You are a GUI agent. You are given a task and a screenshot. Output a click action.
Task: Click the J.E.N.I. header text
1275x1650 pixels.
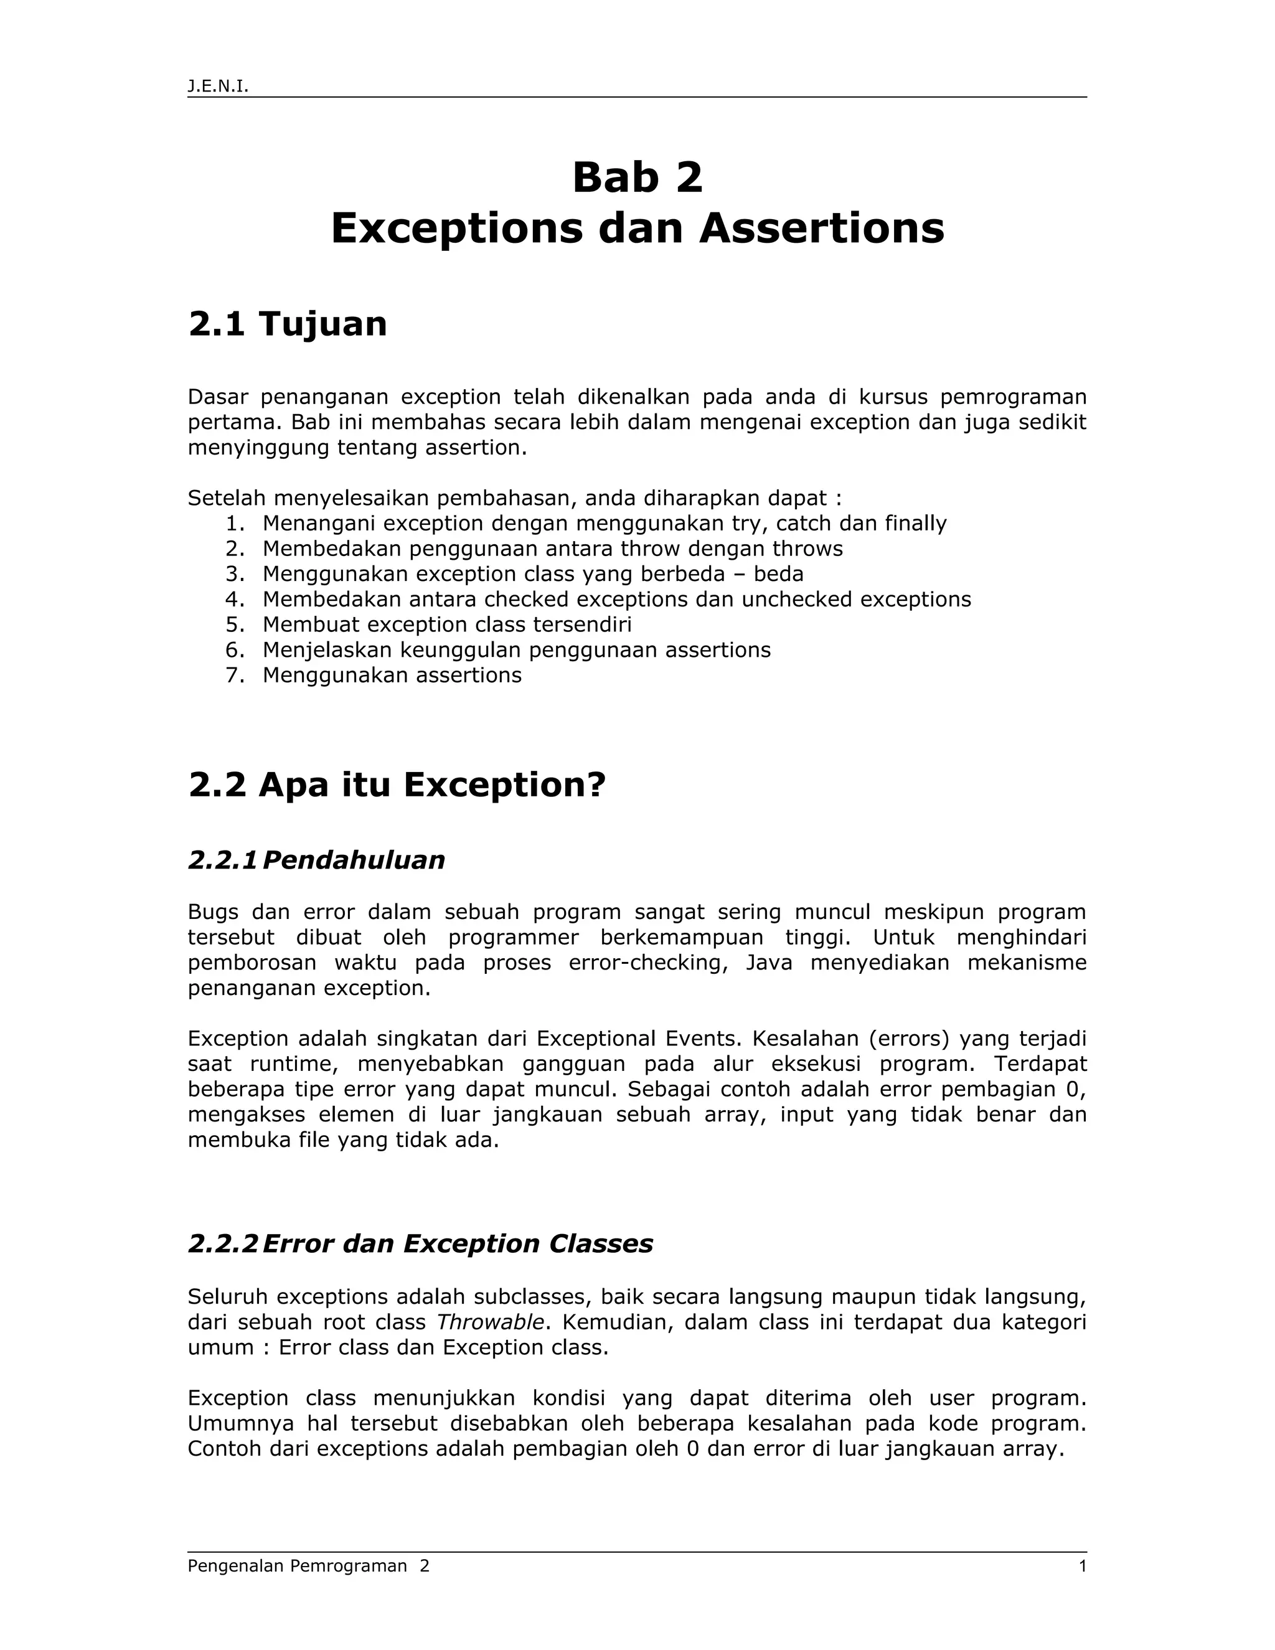pos(217,87)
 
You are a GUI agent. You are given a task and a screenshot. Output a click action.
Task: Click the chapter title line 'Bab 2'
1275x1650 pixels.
pos(637,178)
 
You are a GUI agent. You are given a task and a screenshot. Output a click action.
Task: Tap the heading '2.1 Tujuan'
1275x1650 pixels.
pos(287,324)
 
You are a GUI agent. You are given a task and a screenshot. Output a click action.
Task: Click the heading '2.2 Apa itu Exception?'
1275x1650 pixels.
pos(397,785)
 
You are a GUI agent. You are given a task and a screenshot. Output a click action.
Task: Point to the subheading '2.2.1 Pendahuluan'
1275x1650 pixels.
pos(316,860)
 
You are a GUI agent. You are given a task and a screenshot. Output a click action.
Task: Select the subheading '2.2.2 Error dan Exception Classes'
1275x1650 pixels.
pos(420,1243)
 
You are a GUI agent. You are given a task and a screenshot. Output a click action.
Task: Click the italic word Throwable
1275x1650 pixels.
pos(490,1322)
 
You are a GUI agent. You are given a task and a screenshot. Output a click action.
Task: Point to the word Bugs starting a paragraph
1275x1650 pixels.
pos(213,913)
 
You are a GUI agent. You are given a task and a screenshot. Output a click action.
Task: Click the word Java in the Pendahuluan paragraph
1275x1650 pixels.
pos(769,963)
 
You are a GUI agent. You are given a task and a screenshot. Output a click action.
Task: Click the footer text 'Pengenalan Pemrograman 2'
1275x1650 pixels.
pos(308,1566)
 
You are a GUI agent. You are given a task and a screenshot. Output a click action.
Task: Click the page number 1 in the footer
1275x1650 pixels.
pos(1083,1566)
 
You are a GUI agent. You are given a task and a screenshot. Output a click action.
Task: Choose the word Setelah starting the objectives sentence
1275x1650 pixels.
pos(227,499)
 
